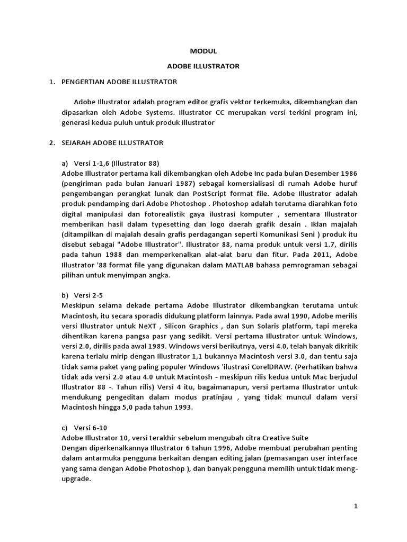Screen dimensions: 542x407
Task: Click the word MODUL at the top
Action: coord(203,51)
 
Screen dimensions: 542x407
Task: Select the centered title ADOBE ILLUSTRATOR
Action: coord(203,67)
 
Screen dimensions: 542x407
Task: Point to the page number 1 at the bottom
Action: coord(356,507)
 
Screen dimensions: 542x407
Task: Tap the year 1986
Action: coord(348,173)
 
